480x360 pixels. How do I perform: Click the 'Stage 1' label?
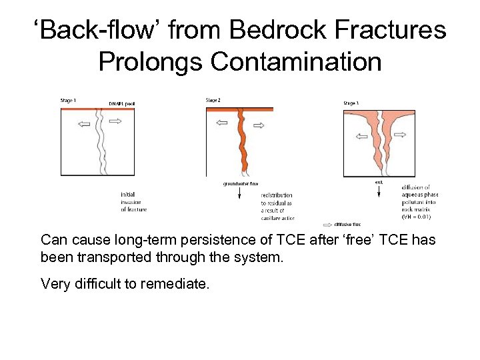pos(68,101)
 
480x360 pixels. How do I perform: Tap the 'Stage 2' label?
pos(213,101)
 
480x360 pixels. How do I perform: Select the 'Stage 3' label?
pos(351,103)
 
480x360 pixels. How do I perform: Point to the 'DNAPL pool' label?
pos(121,103)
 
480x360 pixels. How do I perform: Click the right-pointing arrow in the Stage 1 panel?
pos(115,122)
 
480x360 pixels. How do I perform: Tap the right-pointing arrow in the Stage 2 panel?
pos(257,122)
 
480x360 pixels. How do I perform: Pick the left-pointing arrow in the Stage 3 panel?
pos(361,137)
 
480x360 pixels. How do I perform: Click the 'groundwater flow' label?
pos(240,183)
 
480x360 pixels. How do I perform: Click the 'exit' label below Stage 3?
pos(379,181)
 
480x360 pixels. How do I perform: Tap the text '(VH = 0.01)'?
pos(416,217)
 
